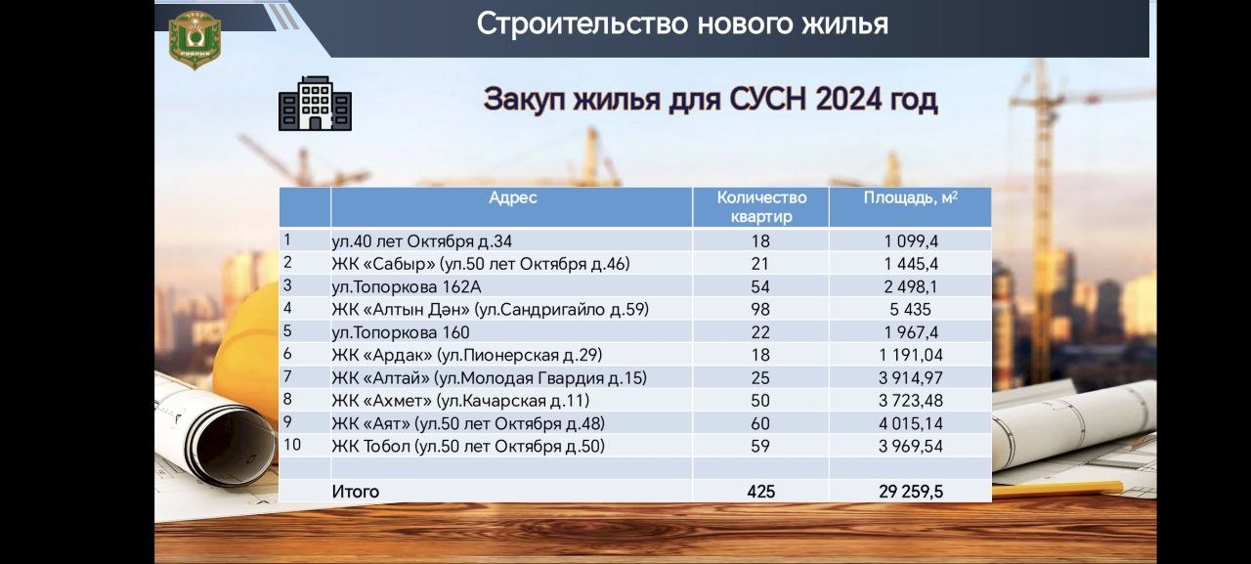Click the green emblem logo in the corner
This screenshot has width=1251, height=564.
coord(194,40)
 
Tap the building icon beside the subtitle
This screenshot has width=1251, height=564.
coord(315,104)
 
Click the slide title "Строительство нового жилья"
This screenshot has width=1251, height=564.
coord(682,24)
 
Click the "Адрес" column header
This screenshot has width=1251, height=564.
coord(513,197)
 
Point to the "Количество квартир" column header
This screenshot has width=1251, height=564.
coord(761,206)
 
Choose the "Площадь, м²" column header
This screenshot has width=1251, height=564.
coord(910,197)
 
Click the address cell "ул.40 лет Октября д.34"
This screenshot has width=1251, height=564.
coord(421,241)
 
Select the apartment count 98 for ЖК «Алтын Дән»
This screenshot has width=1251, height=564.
coord(760,309)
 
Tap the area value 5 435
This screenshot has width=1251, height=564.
coord(910,309)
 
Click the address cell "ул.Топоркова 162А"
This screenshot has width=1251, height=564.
coord(406,287)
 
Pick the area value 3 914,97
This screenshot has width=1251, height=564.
coord(910,378)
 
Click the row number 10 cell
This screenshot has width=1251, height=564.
coord(292,445)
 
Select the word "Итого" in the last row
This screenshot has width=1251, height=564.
coord(355,492)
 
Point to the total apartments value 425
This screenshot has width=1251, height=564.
coord(760,492)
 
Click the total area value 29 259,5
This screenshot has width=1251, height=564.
coord(910,492)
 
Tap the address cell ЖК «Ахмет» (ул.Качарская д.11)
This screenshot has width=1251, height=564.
coord(460,401)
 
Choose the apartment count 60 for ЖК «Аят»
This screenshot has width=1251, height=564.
coord(760,424)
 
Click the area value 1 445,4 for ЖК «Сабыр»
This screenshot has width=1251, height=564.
coord(910,264)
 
